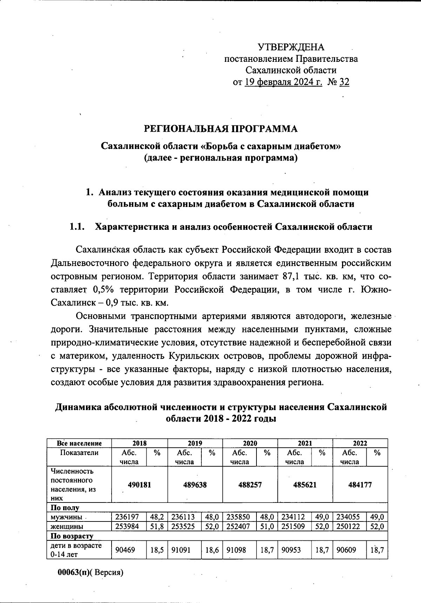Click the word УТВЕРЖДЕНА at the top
(x=291, y=47)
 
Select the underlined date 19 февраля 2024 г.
(x=283, y=82)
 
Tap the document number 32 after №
(x=345, y=82)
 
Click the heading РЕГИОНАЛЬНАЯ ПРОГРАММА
(x=221, y=129)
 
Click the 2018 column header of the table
(x=139, y=443)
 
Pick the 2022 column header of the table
(x=360, y=443)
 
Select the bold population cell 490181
(x=139, y=485)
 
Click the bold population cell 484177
(x=360, y=485)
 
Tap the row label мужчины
(x=66, y=517)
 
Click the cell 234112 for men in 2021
(x=293, y=517)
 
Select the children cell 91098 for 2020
(x=238, y=550)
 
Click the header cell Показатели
(x=79, y=453)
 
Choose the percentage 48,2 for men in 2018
(x=157, y=517)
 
